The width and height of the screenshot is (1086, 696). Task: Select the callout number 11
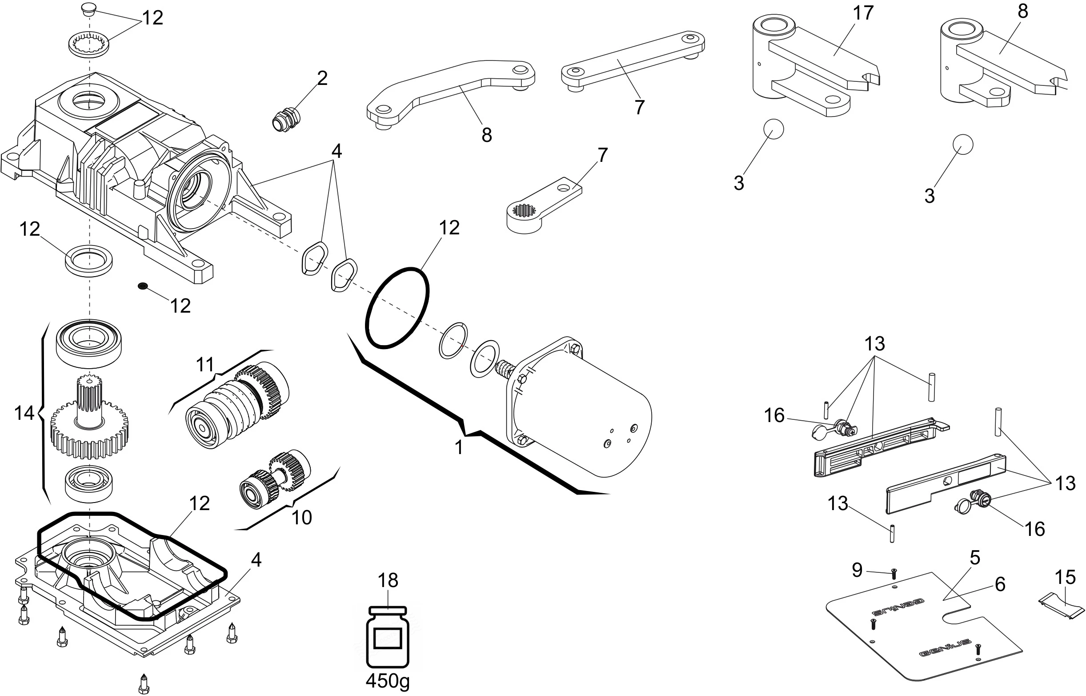204,364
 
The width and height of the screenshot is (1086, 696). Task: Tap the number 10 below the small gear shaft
301,518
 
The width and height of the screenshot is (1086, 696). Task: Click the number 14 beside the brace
24,413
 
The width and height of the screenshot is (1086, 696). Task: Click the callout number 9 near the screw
857,570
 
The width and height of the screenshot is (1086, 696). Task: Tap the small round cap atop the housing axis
88,8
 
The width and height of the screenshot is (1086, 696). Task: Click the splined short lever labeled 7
542,208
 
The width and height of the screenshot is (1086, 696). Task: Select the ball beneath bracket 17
773,129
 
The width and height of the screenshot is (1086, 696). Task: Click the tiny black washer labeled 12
143,286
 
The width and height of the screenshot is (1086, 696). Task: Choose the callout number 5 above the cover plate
975,558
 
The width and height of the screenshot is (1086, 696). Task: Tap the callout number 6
1000,584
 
